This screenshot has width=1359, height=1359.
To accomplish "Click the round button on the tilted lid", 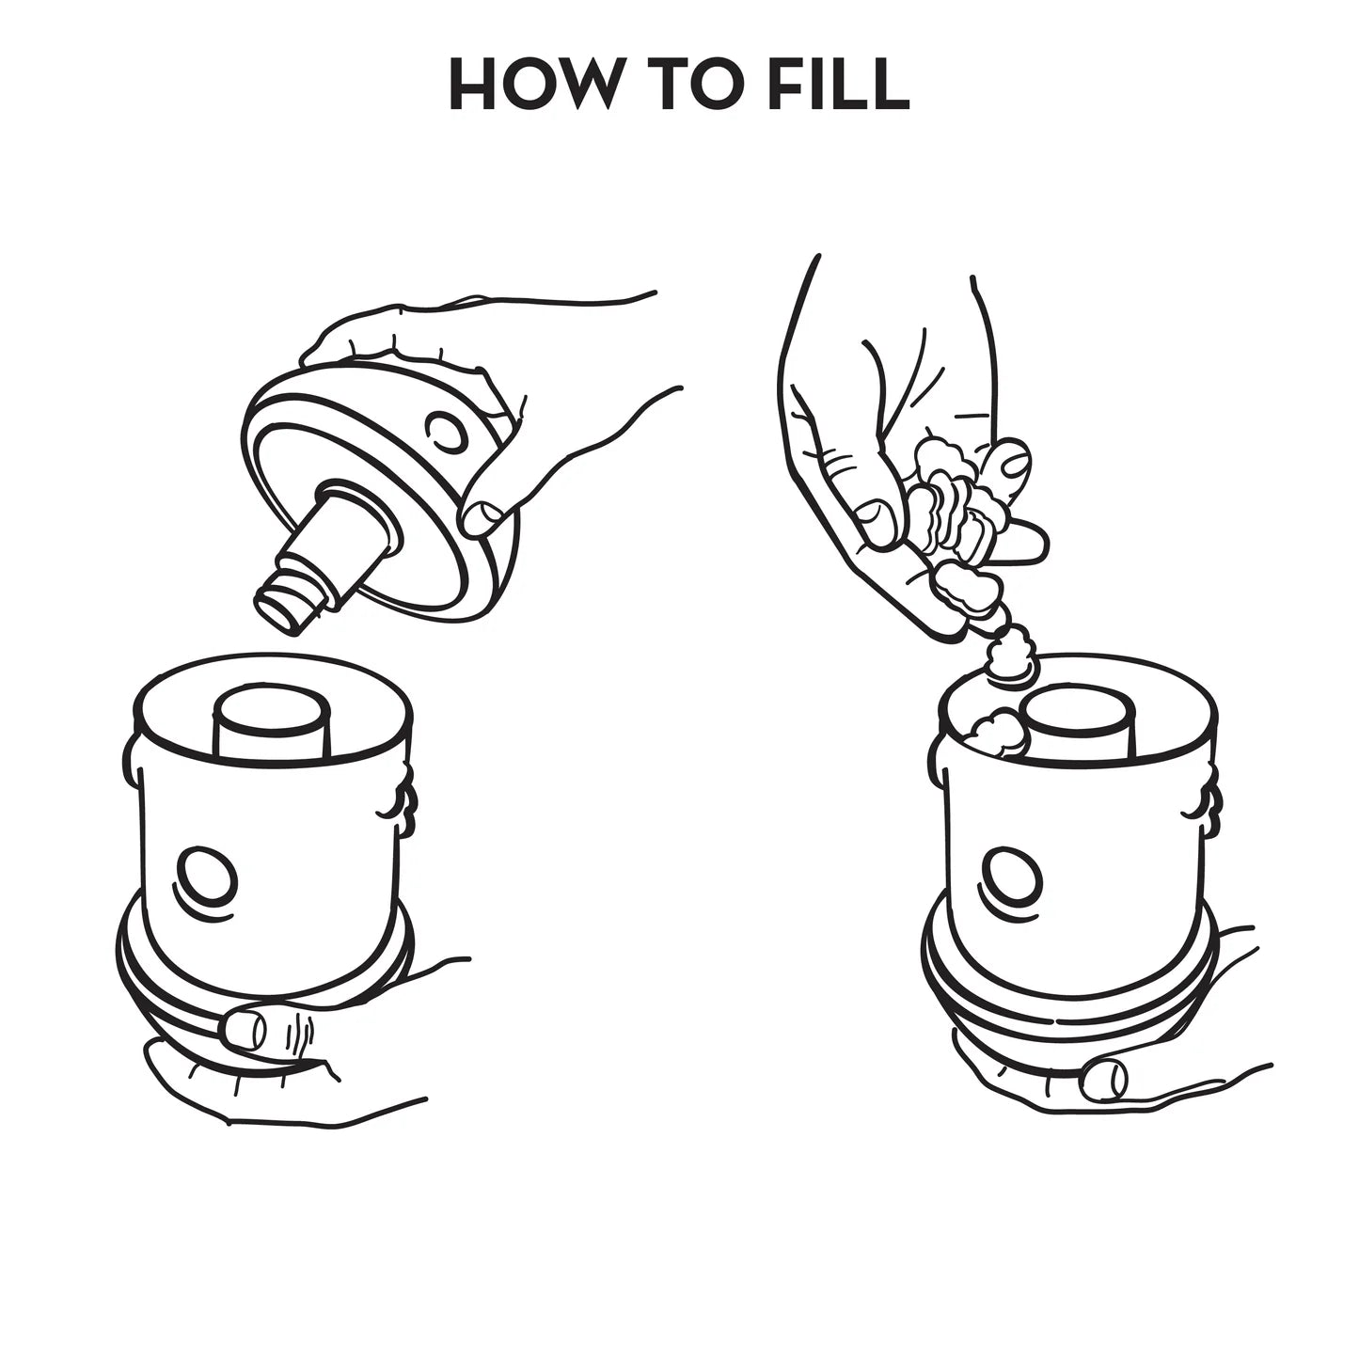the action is tap(446, 430).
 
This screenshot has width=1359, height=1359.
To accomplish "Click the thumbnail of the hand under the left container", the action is tap(244, 1029).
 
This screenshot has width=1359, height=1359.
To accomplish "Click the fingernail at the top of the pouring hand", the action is tap(1016, 464).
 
